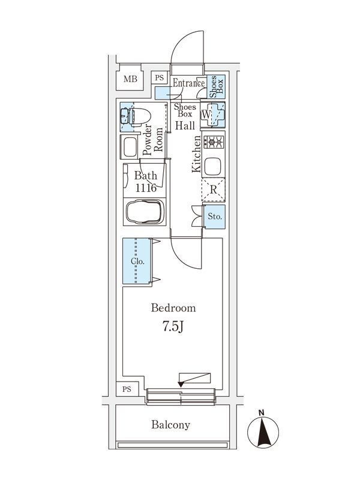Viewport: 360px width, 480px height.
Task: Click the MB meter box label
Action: tap(130, 79)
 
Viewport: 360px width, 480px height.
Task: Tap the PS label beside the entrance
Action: tap(159, 77)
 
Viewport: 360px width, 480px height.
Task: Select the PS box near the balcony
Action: tap(127, 389)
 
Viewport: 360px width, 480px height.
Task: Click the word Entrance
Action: tap(188, 83)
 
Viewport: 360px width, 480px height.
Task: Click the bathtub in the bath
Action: tap(144, 212)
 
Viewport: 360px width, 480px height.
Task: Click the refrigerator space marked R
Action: tap(213, 190)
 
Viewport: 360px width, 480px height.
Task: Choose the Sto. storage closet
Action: tap(215, 215)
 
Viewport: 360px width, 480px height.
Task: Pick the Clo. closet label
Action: tap(136, 262)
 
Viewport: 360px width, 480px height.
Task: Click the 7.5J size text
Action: tap(173, 328)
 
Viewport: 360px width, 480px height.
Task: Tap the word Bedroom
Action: tap(173, 308)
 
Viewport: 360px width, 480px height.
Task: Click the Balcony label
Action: tap(170, 425)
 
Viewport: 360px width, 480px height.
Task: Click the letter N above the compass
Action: tap(262, 413)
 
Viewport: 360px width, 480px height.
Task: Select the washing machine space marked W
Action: tap(207, 114)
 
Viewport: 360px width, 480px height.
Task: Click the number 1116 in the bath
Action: tap(145, 188)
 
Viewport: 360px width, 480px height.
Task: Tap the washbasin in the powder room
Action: tap(130, 147)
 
